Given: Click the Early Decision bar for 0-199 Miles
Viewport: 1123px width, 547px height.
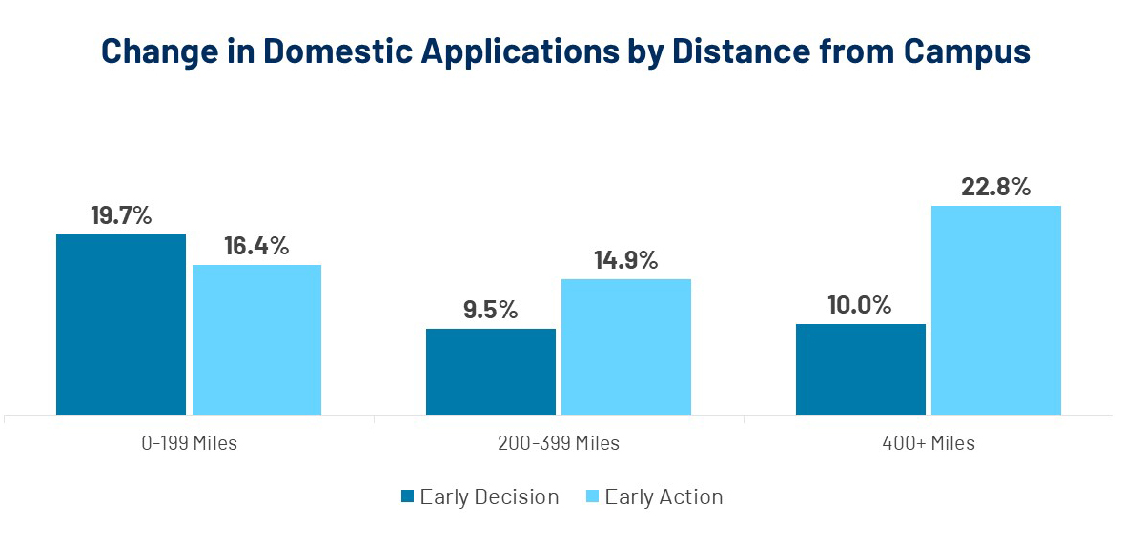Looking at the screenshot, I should [x=121, y=324].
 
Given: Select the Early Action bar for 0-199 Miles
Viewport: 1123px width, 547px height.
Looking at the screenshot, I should [x=256, y=339].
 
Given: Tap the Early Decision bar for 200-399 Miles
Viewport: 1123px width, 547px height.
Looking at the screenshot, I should [x=490, y=372].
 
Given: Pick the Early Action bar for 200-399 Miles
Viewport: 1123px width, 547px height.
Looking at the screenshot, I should [x=625, y=347].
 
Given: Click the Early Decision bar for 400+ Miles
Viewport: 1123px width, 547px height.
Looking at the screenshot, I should [x=860, y=369].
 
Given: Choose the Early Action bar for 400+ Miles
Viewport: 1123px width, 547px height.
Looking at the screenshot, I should [x=995, y=310].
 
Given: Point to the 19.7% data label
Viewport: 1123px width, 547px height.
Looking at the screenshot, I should [x=121, y=215].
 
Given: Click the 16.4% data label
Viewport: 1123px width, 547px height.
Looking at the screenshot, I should [x=256, y=246].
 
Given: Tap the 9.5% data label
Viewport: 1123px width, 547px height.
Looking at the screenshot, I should [x=490, y=310].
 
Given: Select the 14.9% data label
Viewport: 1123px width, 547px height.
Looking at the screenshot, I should [x=625, y=260].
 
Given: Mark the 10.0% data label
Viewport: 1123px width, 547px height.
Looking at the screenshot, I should [x=860, y=305].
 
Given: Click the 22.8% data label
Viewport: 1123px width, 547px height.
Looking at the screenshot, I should [x=995, y=187].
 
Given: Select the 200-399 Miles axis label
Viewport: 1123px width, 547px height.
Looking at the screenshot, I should [x=558, y=443].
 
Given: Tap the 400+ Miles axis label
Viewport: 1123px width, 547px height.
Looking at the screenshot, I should [x=927, y=443].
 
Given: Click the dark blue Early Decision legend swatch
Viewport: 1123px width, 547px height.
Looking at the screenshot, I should [x=407, y=496].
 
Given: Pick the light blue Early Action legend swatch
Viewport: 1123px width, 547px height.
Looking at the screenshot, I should [x=592, y=496].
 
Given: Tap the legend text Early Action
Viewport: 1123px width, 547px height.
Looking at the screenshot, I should [x=664, y=496].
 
